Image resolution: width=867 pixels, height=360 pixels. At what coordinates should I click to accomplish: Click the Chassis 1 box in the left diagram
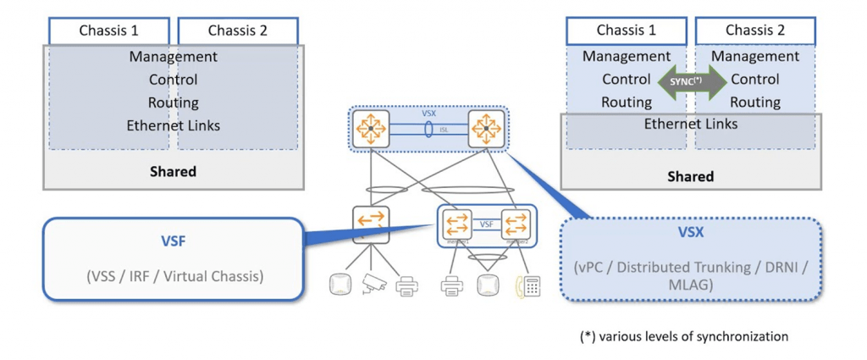108,31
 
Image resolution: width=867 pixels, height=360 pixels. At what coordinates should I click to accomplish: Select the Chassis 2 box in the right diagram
755,31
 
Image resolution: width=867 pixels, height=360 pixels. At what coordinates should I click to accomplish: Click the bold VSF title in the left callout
173,241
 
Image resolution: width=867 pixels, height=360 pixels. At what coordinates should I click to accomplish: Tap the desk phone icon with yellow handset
527,286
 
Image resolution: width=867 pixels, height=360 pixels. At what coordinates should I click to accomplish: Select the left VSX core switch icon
370,130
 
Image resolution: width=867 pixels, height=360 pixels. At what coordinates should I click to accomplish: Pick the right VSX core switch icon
486,130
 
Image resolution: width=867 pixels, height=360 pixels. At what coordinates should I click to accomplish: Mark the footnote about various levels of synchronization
683,337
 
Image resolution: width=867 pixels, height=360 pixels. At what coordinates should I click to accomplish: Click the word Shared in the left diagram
173,171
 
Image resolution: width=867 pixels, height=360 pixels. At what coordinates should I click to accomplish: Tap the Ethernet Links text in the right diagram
692,124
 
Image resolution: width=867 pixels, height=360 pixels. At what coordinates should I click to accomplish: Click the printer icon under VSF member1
451,286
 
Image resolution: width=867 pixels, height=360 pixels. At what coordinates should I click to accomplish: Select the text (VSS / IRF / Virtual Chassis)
173,275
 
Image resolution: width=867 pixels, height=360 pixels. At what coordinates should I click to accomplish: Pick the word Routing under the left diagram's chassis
173,102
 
